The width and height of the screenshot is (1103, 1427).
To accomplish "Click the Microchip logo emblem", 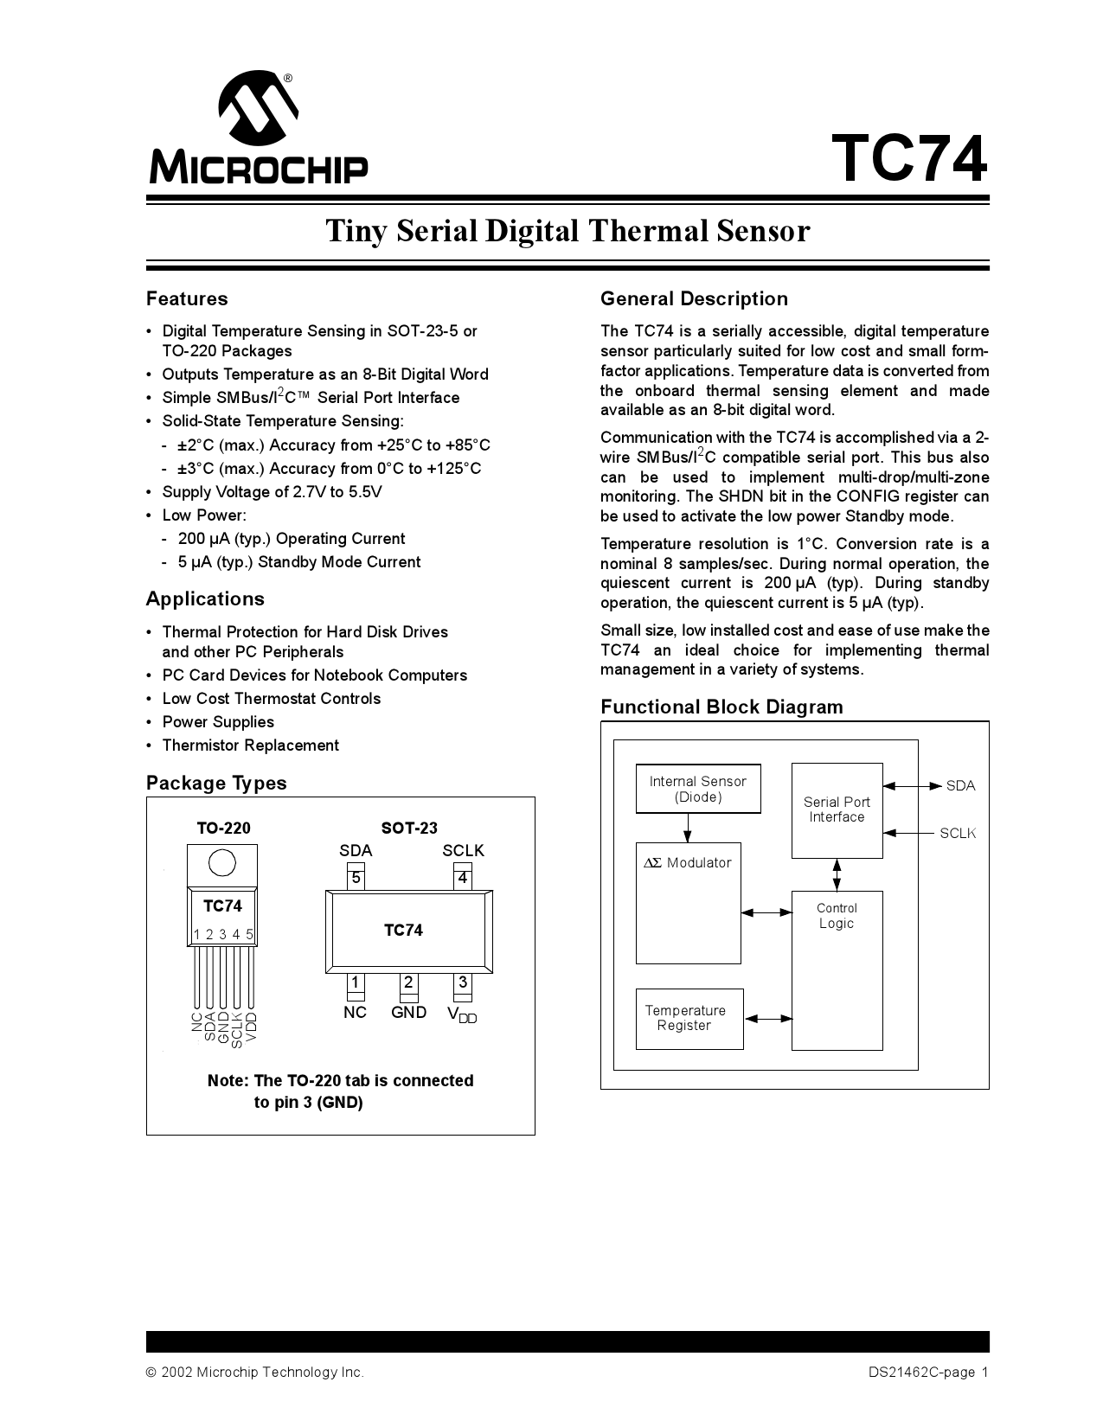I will pos(258,111).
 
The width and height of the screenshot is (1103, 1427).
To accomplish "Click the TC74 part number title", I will pos(908,159).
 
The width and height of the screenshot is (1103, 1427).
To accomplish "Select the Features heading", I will pos(187,299).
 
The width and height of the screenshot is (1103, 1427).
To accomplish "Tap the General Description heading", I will pos(694,299).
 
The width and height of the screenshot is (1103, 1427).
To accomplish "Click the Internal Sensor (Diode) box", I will pos(698,789).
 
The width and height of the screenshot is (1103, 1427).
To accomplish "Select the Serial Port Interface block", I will pos(837,810).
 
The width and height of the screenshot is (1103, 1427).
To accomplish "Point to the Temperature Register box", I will pos(689,1019).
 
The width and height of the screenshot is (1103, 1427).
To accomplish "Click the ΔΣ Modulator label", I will pos(688,863).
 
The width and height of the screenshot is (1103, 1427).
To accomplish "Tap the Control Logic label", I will pos(837,916).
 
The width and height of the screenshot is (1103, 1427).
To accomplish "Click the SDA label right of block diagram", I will pos(960,786).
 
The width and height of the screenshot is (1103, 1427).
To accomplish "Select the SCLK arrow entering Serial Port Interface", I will pos(907,833).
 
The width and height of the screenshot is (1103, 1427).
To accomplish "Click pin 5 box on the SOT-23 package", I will pos(356,879).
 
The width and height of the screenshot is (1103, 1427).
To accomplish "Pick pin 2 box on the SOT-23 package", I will pos(408,983).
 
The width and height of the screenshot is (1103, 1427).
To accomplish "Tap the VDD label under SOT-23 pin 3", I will pos(462,1014).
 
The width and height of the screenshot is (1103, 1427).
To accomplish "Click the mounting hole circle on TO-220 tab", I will pos(222,863).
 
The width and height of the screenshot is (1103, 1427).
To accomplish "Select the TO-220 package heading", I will pos(223,829).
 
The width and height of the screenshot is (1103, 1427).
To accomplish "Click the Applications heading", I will pos(205,599).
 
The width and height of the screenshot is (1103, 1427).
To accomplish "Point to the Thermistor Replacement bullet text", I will pos(250,745).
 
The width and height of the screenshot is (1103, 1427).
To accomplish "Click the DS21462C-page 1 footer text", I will pos(928,1373).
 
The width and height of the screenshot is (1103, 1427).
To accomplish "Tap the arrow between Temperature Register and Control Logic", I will pos(767,1019).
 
